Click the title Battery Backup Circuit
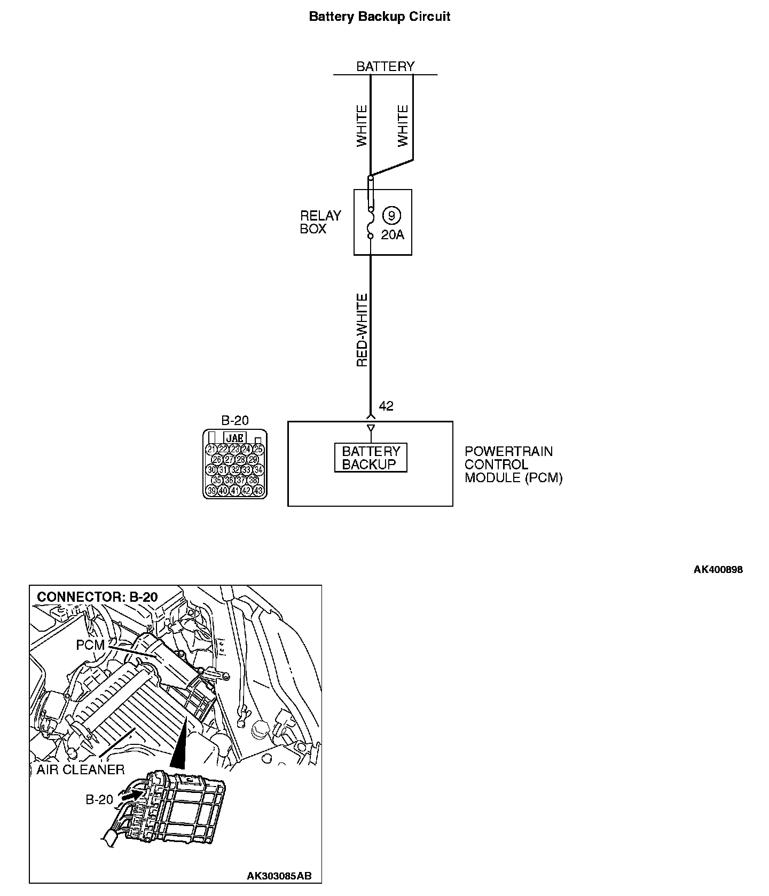pyautogui.click(x=380, y=17)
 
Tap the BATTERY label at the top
pyautogui.click(x=385, y=66)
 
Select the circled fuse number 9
pyautogui.click(x=392, y=216)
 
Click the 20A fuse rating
pyautogui.click(x=393, y=234)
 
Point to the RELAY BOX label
pyautogui.click(x=320, y=223)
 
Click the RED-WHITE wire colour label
pyautogui.click(x=363, y=330)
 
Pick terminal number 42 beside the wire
pyautogui.click(x=386, y=406)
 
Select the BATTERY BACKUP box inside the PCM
pyautogui.click(x=371, y=458)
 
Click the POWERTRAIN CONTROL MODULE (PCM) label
pyautogui.click(x=513, y=465)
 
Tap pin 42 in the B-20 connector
pyautogui.click(x=246, y=490)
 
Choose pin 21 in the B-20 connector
pyautogui.click(x=211, y=449)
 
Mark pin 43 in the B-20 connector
pyautogui.click(x=258, y=490)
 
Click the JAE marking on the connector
pyautogui.click(x=235, y=438)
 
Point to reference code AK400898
pyautogui.click(x=718, y=569)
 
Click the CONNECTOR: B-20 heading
pyautogui.click(x=98, y=597)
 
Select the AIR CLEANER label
pyautogui.click(x=81, y=769)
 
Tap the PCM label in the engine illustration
pyautogui.click(x=90, y=645)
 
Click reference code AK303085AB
pyautogui.click(x=279, y=876)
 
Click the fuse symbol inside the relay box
pyautogui.click(x=370, y=222)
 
